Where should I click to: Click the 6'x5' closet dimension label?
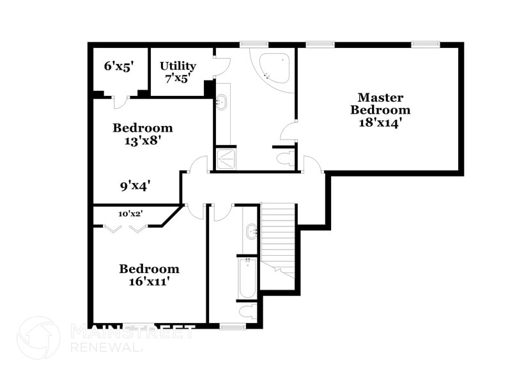[118, 66]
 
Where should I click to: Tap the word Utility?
[178, 66]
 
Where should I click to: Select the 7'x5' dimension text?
[178, 77]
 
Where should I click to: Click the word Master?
[380, 98]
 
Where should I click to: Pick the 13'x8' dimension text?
[142, 139]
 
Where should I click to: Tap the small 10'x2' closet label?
[130, 214]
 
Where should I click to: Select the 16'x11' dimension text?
[149, 281]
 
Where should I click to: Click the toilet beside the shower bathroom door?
[284, 158]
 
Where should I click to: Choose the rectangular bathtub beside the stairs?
[247, 278]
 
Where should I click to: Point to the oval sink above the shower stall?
[222, 102]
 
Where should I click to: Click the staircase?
[279, 237]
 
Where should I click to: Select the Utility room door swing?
[221, 66]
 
